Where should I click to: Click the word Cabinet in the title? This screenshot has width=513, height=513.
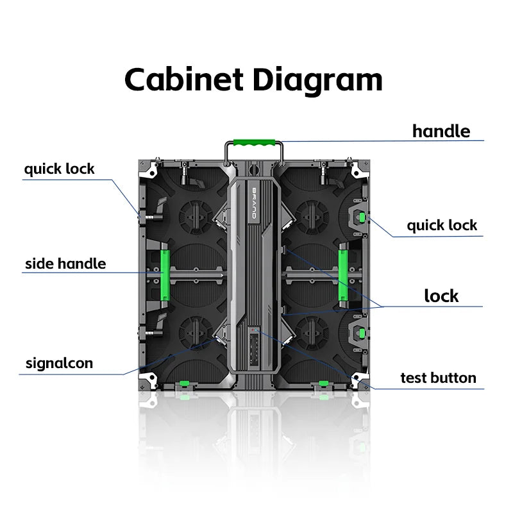[x=184, y=80]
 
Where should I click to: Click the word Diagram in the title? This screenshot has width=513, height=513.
[x=317, y=82]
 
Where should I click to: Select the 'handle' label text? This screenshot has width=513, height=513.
[x=441, y=131]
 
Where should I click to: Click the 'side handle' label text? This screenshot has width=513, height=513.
[x=65, y=264]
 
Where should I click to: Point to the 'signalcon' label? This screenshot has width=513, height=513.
[x=59, y=363]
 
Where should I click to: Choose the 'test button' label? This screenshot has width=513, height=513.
[x=439, y=378]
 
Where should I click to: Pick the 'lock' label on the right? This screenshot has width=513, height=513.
[x=441, y=296]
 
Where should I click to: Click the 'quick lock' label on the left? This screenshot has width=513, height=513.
[x=59, y=169]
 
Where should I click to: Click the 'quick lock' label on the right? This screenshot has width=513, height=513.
[x=442, y=226]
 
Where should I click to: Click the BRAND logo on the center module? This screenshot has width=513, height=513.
[x=254, y=203]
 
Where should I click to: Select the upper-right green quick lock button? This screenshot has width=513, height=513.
[x=362, y=217]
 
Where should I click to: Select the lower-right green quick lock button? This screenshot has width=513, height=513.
[x=362, y=333]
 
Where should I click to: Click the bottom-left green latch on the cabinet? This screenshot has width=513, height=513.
[x=185, y=383]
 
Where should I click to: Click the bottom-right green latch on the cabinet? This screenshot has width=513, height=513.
[x=324, y=383]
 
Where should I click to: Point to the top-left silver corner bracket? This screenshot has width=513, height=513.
[x=149, y=169]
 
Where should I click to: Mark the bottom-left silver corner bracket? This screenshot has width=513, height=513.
[x=149, y=380]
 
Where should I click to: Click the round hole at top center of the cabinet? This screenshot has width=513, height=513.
[x=253, y=169]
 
